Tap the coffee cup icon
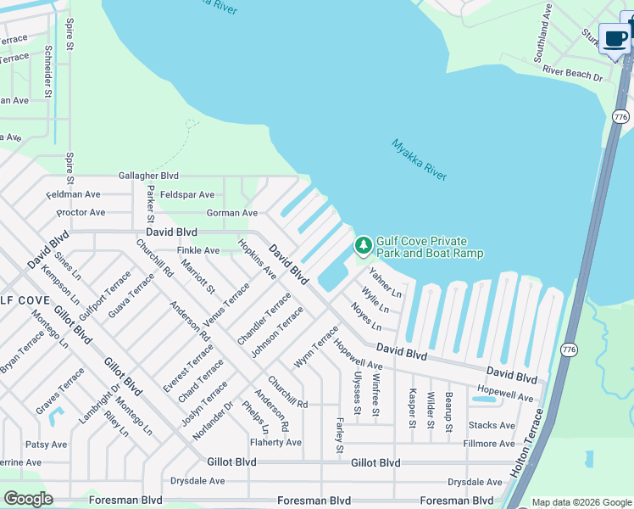pyautogui.click(x=615, y=38)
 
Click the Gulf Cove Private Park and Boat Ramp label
pyautogui.click(x=430, y=247)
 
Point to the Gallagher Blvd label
pyautogui.click(x=148, y=175)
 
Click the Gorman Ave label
pyautogui.click(x=231, y=213)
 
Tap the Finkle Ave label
pyautogui.click(x=197, y=250)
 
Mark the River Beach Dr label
pyautogui.click(x=572, y=76)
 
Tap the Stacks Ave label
pyautogui.click(x=492, y=425)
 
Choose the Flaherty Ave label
pyautogui.click(x=275, y=442)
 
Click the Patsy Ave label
pyautogui.click(x=47, y=444)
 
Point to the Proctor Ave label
pyautogui.click(x=81, y=212)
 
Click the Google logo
pyautogui.click(x=28, y=498)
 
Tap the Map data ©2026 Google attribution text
pyautogui.click(x=581, y=502)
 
